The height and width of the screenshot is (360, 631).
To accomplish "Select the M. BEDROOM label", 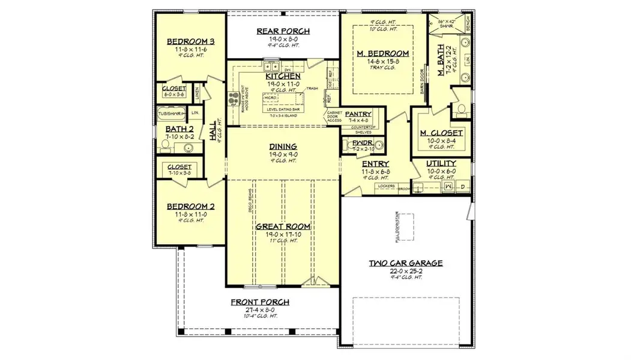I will pyautogui.click(x=383, y=53).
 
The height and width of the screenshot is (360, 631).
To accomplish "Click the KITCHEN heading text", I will pyautogui.click(x=283, y=77).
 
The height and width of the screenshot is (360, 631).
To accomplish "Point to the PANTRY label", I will pyautogui.click(x=358, y=114).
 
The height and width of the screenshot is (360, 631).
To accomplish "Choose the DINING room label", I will pyautogui.click(x=283, y=146).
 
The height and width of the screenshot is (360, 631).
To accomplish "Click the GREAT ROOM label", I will pyautogui.click(x=283, y=226).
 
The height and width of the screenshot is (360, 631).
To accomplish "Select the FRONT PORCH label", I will pyautogui.click(x=259, y=302).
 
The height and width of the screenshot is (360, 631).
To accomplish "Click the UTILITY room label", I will pyautogui.click(x=441, y=163).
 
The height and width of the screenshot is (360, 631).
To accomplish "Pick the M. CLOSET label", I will pyautogui.click(x=441, y=133).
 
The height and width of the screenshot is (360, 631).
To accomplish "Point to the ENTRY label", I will pyautogui.click(x=375, y=164).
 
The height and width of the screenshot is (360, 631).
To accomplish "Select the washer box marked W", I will pyautogui.click(x=448, y=188).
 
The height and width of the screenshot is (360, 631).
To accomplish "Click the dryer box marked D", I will pyautogui.click(x=462, y=188).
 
